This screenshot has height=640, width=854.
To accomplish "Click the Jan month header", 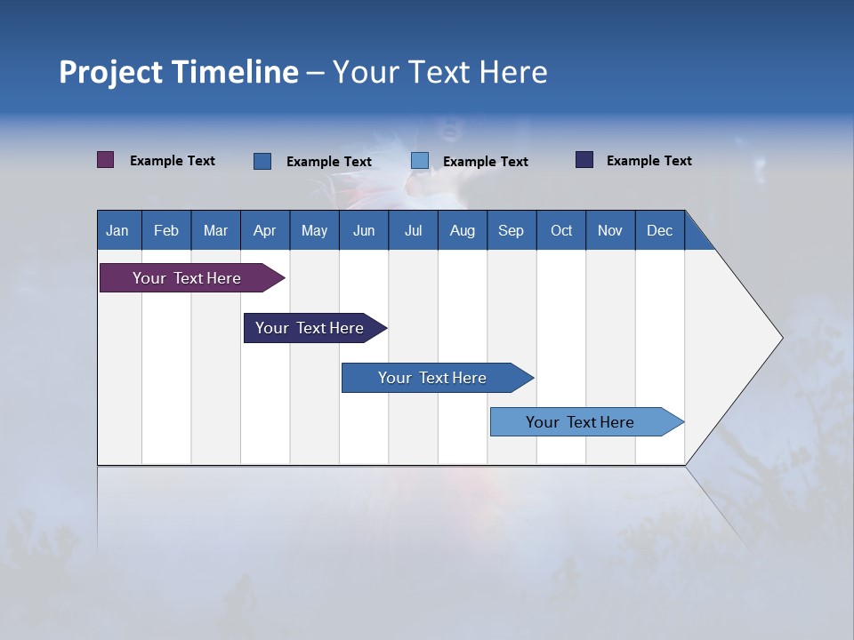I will click(117, 230).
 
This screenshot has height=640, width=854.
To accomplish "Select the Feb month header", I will click(166, 230).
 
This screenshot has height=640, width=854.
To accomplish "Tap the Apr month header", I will click(265, 230).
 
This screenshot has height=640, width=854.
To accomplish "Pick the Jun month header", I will click(364, 230).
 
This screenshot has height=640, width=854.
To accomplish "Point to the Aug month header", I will click(462, 230).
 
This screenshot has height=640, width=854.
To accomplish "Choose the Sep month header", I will click(511, 230).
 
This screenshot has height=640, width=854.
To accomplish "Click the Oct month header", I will click(561, 230).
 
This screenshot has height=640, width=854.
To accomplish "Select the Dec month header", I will click(659, 230).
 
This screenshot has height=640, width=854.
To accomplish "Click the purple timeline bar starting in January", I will click(187, 278).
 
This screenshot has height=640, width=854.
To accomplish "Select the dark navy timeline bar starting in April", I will click(310, 328).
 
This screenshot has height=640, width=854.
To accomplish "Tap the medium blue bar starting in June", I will click(432, 378).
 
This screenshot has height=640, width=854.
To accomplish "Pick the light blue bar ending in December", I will click(580, 422).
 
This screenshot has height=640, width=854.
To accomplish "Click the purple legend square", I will click(106, 160).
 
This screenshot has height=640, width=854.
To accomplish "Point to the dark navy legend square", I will click(584, 160).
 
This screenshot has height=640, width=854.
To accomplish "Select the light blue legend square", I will click(420, 161).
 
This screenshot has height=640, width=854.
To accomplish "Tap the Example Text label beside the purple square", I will click(173, 161).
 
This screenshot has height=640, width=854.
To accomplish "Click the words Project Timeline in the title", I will click(179, 72).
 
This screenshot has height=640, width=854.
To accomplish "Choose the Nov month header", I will click(610, 230).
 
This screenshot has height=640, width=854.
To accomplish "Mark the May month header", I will click(314, 230).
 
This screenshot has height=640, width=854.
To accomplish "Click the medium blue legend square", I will click(262, 161).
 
